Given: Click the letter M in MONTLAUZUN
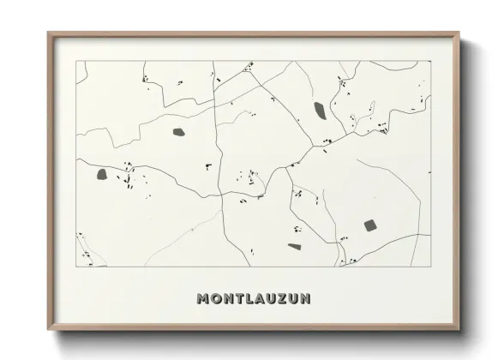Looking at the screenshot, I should click(203, 299).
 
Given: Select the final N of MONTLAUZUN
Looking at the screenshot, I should click(305, 299).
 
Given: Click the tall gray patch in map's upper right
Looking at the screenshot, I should click(320, 110).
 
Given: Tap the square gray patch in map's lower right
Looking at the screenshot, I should click(369, 225).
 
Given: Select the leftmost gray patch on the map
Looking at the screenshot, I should click(101, 174).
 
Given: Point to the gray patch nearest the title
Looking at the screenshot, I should click(294, 247).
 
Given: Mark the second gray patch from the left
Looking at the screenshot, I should click(179, 132).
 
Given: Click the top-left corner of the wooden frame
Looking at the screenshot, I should click(48, 33).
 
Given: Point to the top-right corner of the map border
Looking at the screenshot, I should click(430, 61).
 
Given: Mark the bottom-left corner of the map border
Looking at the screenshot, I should click(76, 267).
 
